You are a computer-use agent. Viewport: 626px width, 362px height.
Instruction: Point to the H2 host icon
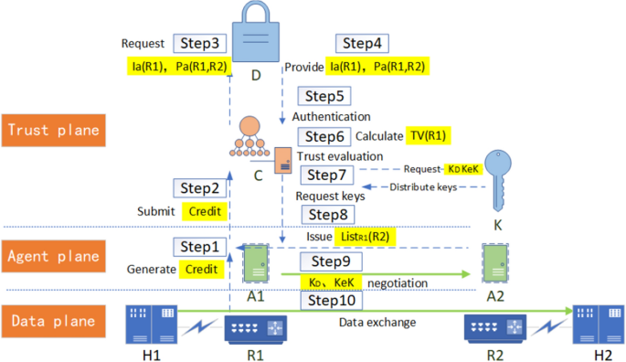pyautogui.click(x=598, y=324)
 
